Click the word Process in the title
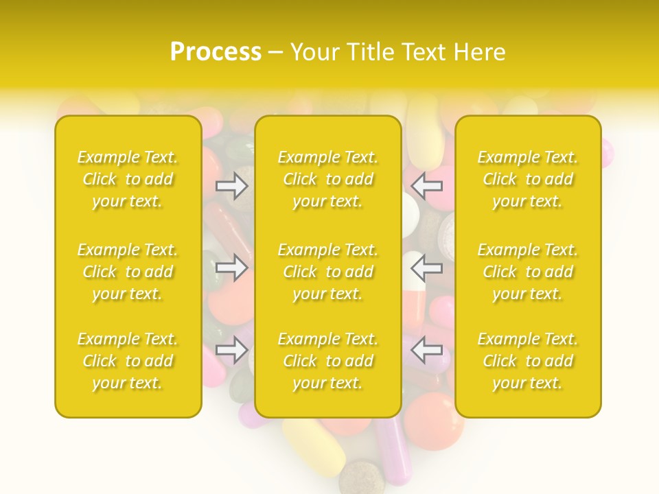coord(216,52)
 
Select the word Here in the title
coord(480,52)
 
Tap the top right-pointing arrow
coord(231,186)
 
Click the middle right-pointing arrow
coord(231,267)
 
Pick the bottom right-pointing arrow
coord(231,350)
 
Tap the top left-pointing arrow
coord(426,186)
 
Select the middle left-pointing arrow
coord(426,267)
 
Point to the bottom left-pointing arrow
coord(426,350)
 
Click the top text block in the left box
coord(128,179)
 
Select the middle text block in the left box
coord(128,272)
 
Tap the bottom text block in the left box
coord(128,361)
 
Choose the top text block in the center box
coord(328,179)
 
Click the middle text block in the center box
coord(328,272)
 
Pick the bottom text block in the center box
coord(328,361)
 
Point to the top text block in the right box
coord(528,179)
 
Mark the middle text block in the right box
coord(528,272)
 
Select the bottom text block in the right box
coord(528,361)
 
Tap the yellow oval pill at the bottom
coord(316,449)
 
